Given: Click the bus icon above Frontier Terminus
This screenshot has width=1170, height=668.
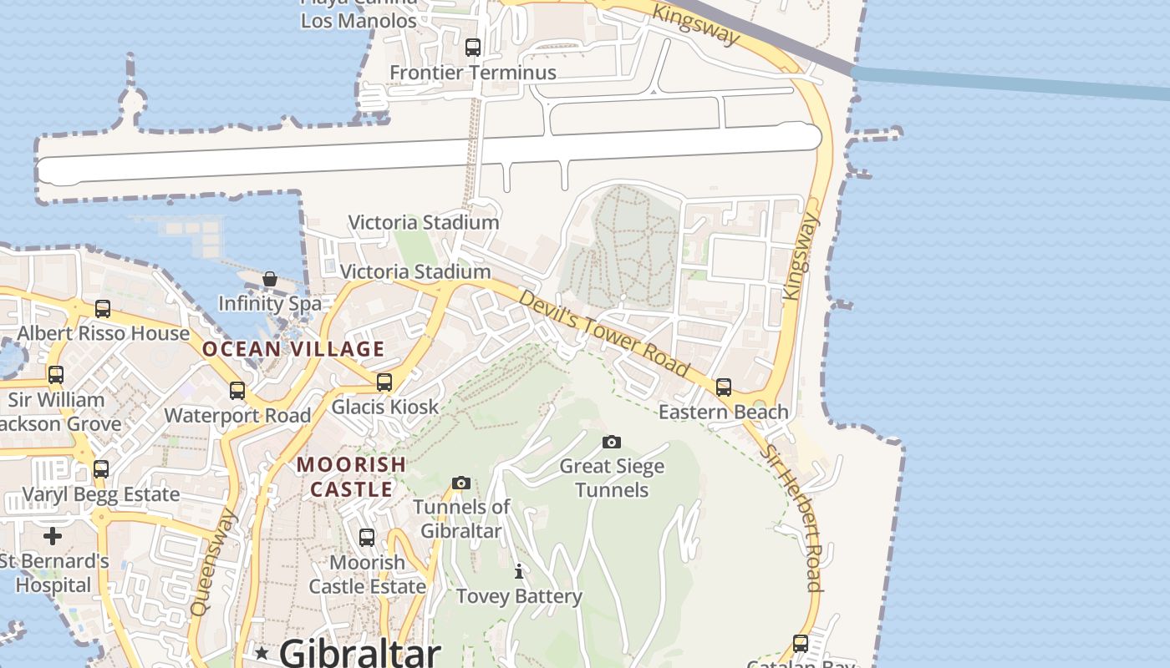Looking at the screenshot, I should tap(473, 48).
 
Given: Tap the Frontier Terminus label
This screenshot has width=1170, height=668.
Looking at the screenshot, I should tap(473, 73).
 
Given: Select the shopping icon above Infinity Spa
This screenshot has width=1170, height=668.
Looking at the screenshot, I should tap(270, 279).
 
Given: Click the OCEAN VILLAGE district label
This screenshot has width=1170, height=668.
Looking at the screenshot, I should tap(293, 349).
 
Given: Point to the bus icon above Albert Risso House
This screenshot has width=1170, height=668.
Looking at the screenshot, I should tap(103, 309).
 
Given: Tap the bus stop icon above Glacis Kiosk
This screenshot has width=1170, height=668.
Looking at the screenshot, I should tap(384, 382).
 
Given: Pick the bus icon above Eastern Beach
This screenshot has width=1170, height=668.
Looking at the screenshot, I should tap(724, 387).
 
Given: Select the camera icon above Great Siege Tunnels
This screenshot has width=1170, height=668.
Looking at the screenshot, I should tap(612, 442).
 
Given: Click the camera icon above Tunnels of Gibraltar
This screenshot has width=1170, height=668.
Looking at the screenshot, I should tap(460, 483).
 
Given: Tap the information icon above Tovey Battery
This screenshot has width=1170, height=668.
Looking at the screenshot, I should tap(519, 572).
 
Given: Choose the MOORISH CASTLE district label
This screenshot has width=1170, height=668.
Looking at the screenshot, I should tap(352, 476).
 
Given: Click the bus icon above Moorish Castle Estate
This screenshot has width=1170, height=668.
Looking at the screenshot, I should tap(367, 538).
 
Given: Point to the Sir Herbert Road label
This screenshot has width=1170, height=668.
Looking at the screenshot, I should tap(791, 518).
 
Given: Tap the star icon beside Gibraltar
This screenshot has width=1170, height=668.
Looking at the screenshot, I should tap(262, 652).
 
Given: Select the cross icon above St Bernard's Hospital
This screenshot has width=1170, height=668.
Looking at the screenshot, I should tap(53, 535).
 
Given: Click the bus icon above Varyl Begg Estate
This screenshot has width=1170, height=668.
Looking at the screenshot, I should tap(101, 469).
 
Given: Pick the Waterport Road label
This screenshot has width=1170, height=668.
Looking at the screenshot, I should tap(237, 415).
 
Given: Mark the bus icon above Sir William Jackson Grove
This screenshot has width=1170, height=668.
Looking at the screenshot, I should tap(56, 375).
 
